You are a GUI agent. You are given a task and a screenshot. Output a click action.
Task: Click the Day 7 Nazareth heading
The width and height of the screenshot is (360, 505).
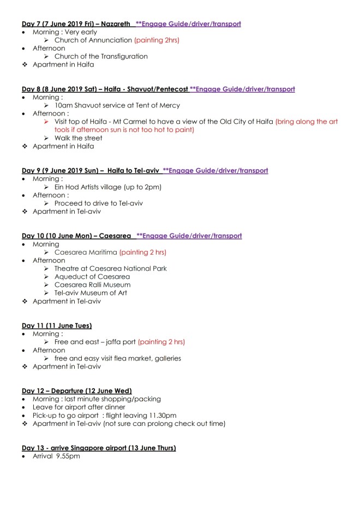click(x=76, y=24)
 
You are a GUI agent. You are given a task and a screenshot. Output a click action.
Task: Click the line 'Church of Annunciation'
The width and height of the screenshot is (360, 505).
click(x=93, y=40)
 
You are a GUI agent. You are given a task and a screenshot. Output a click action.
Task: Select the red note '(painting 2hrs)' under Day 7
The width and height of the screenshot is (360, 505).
click(x=157, y=40)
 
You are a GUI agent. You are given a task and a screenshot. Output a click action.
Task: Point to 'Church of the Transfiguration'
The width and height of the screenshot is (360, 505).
click(x=101, y=57)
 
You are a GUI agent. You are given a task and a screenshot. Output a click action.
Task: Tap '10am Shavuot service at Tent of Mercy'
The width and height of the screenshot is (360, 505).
click(x=117, y=106)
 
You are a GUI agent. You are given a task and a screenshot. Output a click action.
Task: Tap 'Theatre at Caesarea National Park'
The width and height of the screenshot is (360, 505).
click(x=110, y=268)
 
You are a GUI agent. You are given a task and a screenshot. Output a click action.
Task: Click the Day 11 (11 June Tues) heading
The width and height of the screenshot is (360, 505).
click(x=57, y=326)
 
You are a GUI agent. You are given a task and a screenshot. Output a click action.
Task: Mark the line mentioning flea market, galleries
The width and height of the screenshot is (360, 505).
click(x=117, y=358)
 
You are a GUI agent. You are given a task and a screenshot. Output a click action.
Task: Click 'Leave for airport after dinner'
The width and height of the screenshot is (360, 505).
click(x=79, y=407)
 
